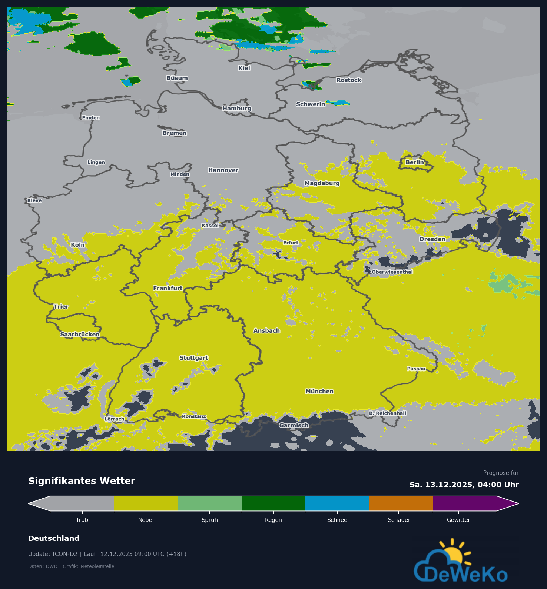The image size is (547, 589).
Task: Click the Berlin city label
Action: point(414,162)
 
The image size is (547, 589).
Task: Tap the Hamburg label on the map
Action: point(237,108)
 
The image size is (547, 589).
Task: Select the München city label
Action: point(319,391)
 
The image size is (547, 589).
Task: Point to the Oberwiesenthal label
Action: point(392,272)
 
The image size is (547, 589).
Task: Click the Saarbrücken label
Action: point(80,334)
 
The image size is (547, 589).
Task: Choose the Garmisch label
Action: point(294,425)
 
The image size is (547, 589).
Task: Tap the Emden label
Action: point(91,118)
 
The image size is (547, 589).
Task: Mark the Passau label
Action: point(416,369)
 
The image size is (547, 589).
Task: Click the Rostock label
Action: point(348,80)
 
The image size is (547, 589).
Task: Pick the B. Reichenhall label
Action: point(387,413)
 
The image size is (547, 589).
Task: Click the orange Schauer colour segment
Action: point(401,503)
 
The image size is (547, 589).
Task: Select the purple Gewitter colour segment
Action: point(465,503)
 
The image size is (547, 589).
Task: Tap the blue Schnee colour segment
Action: point(337,503)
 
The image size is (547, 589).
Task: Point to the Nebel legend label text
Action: point(146,520)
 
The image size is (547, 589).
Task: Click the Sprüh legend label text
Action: point(209,520)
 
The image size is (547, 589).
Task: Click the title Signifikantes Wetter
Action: point(82,481)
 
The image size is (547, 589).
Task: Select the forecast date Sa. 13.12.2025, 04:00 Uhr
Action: point(464,485)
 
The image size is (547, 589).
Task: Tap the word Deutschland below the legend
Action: point(54,538)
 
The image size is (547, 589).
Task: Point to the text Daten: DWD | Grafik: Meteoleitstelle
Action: point(71,566)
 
